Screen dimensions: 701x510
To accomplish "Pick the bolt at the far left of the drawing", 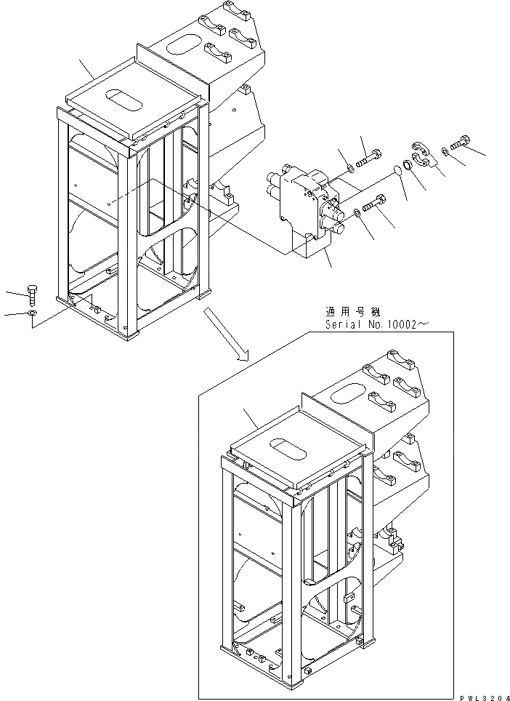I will click(33, 295).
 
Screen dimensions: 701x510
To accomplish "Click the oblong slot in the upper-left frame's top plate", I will click(121, 100).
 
